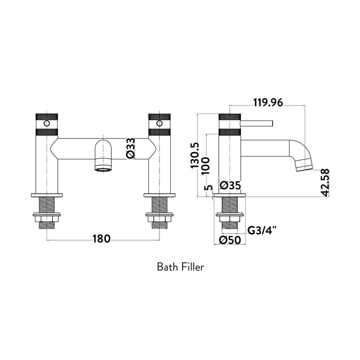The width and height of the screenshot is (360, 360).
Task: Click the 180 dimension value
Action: pos(101,239)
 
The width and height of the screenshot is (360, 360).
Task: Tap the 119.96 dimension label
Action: pos(268,102)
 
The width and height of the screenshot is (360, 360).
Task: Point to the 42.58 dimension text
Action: pos(327,182)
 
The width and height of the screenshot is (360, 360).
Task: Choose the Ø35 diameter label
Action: pos(230,185)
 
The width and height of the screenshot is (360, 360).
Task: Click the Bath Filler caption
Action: pos(180,267)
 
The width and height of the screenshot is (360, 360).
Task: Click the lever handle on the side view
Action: pos(257,124)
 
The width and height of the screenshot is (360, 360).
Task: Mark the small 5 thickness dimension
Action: pos(209,188)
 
